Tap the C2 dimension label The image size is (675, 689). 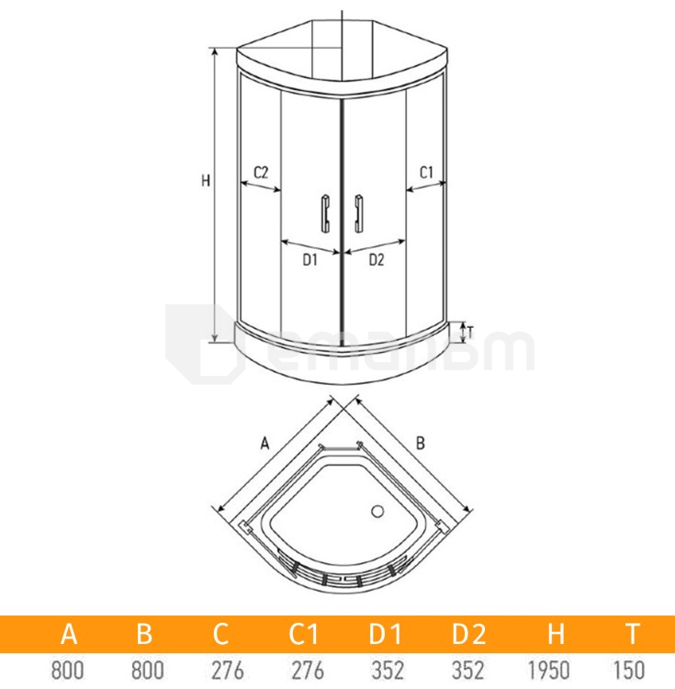click(x=260, y=172)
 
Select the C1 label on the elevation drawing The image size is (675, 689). click(x=426, y=172)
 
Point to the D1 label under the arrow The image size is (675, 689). click(x=309, y=260)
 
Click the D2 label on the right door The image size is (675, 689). click(x=376, y=260)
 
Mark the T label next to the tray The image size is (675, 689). click(x=469, y=332)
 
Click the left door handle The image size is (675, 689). click(x=324, y=212)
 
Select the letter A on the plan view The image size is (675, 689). click(x=264, y=444)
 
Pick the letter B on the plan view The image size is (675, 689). click(x=421, y=443)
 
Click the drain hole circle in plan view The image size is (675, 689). click(x=378, y=511)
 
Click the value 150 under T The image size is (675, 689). click(x=633, y=670)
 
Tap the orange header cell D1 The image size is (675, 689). click(x=386, y=634)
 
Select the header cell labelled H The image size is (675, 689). click(x=555, y=634)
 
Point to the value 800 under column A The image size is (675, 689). click(x=68, y=670)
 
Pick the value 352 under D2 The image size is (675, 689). click(x=468, y=670)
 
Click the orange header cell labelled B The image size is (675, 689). click(x=144, y=634)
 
